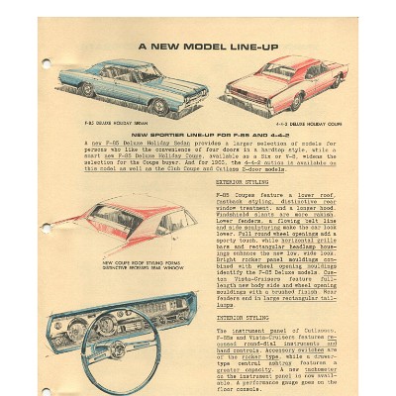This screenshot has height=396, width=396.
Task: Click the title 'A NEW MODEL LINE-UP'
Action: [208, 47]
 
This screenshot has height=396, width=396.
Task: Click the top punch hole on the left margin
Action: [46, 63]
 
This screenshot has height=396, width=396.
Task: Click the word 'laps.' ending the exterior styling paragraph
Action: [225, 306]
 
